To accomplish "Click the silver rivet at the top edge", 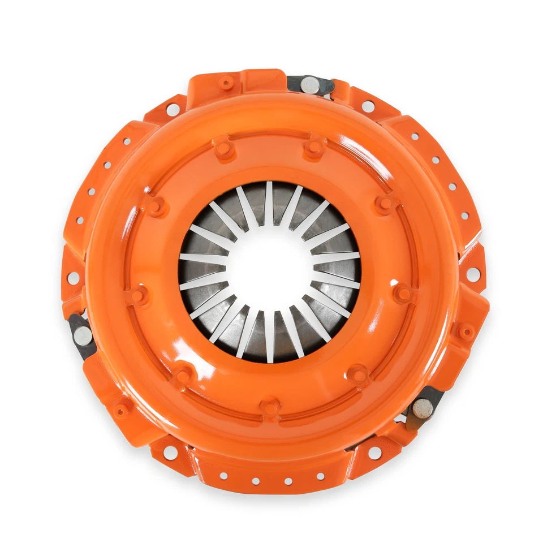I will [309, 85].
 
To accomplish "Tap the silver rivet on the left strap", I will [83, 335].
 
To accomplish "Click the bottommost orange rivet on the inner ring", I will [271, 407].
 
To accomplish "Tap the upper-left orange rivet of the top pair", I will [225, 149].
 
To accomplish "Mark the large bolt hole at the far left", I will [73, 278].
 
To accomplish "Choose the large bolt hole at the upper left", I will [173, 109].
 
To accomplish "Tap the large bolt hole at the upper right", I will [368, 106].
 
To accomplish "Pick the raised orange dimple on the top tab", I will [226, 84].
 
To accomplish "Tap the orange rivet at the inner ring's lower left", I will [183, 374].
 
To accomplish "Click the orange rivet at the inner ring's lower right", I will [359, 374].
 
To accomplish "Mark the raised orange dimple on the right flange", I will [466, 332].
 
